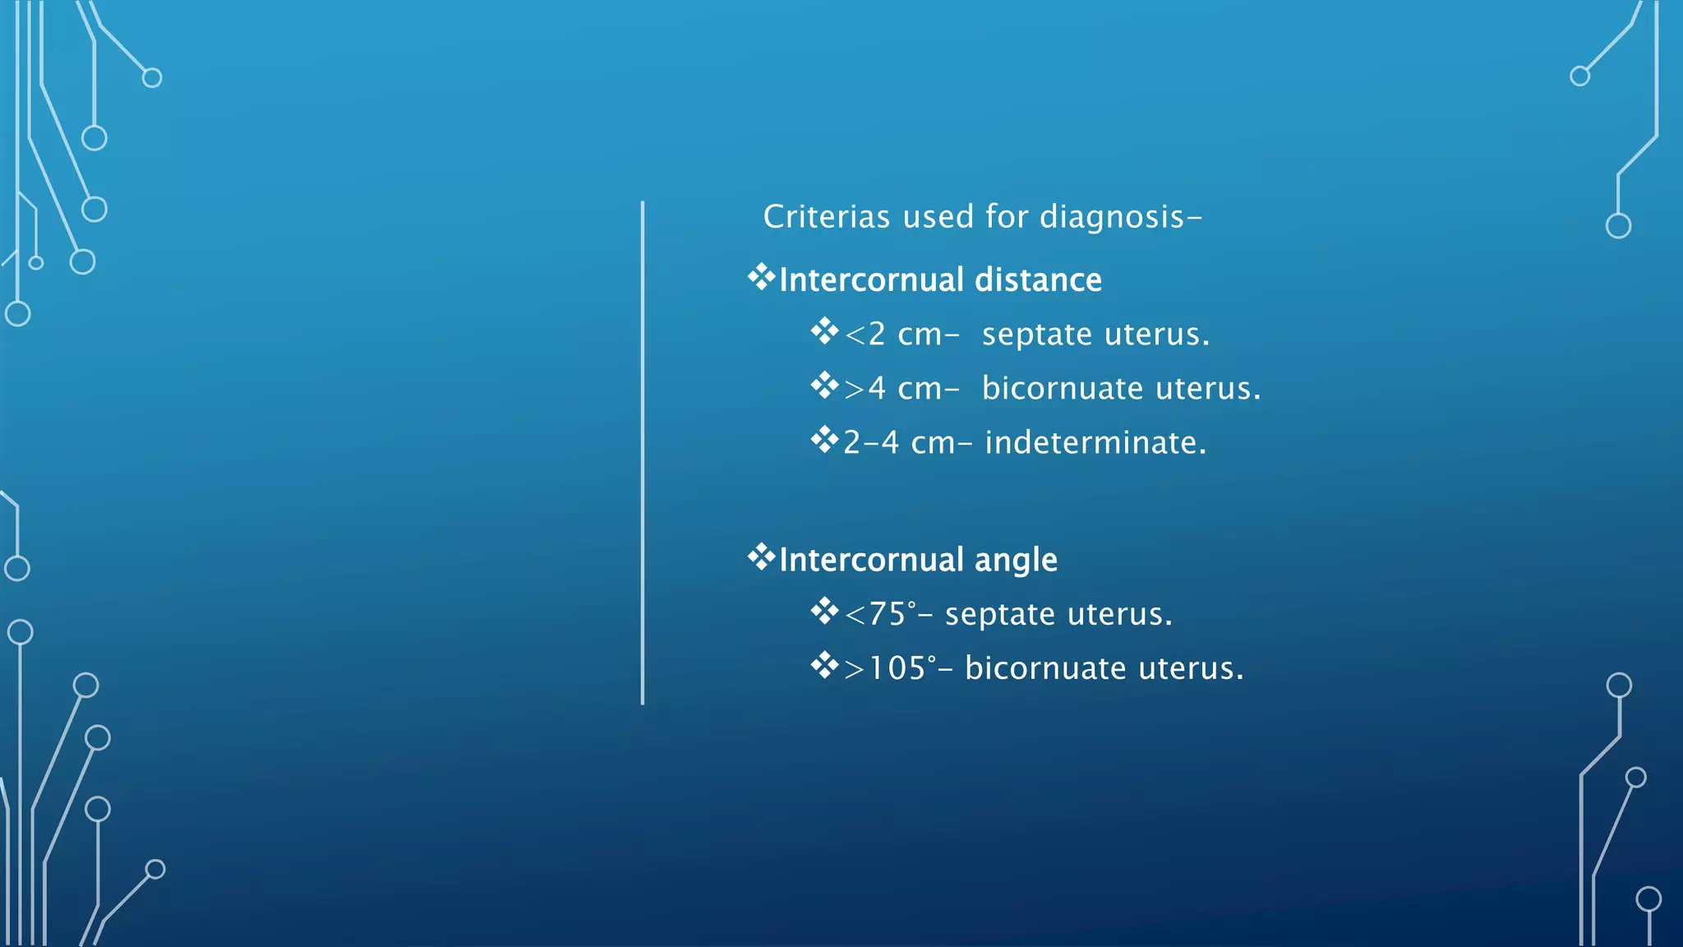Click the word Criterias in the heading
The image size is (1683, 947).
pyautogui.click(x=826, y=217)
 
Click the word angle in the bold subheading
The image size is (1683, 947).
pyautogui.click(x=1016, y=561)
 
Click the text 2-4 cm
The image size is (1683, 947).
pyautogui.click(x=899, y=443)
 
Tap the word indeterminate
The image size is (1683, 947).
pyautogui.click(x=1095, y=443)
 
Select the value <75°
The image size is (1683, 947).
pyautogui.click(x=880, y=614)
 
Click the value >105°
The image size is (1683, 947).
pyautogui.click(x=890, y=668)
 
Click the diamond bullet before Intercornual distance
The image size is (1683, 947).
pyautogui.click(x=761, y=277)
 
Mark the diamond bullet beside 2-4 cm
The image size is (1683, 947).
pyautogui.click(x=824, y=440)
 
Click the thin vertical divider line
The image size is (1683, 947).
pyautogui.click(x=643, y=452)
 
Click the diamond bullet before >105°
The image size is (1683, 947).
pyautogui.click(x=824, y=665)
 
